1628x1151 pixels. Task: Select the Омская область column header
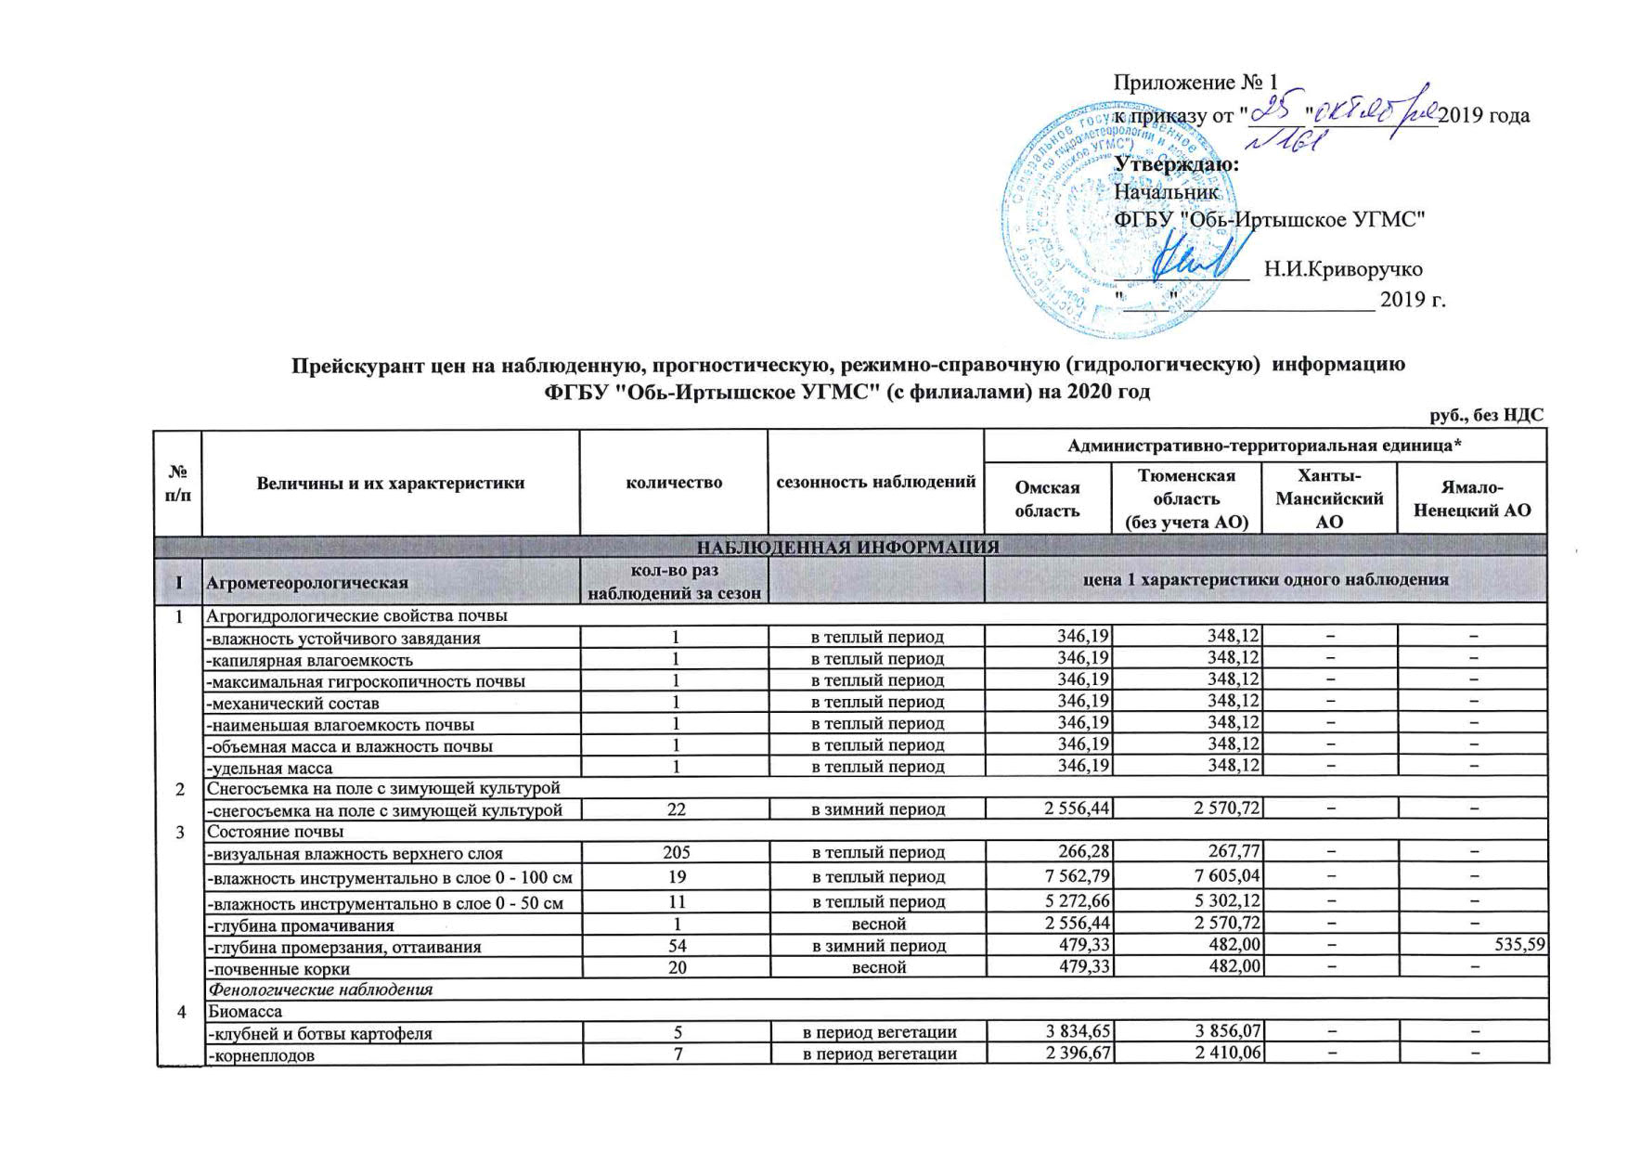(1047, 498)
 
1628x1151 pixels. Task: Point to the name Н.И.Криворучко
(1342, 269)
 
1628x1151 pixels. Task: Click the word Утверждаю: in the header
(1176, 164)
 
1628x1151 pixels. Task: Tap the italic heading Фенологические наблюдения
(319, 989)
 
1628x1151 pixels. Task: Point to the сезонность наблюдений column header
(875, 482)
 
